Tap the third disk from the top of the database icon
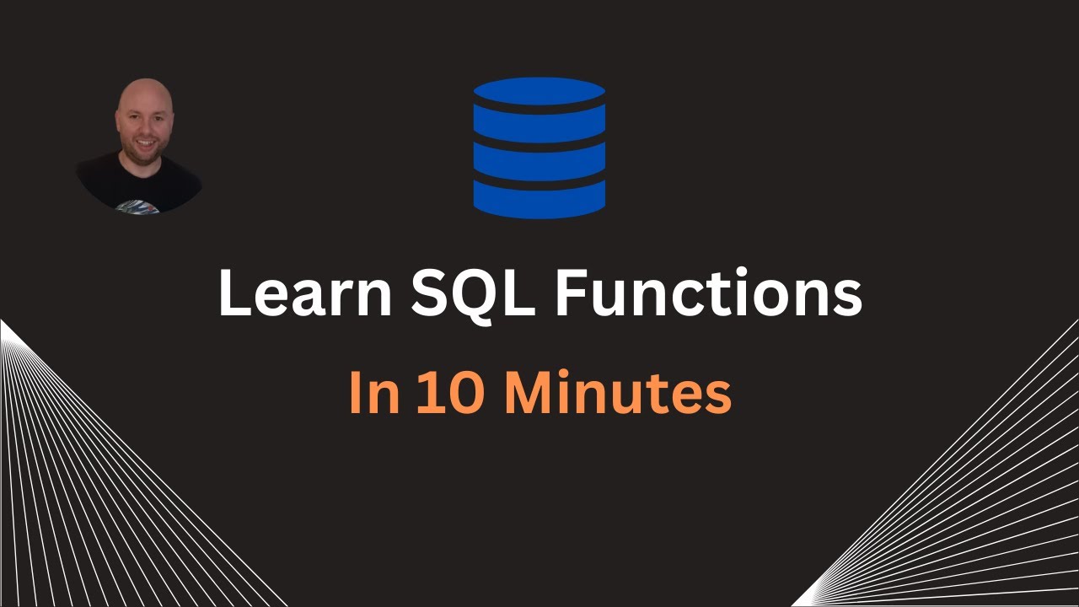539,159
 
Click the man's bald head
143,94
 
